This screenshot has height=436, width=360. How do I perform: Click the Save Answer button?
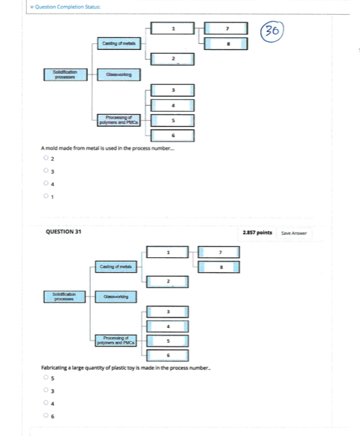[x=294, y=233]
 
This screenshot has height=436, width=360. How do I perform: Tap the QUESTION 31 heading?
[x=63, y=233]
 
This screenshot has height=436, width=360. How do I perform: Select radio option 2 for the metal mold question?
[x=45, y=159]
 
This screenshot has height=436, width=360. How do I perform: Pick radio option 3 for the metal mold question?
[x=45, y=171]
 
